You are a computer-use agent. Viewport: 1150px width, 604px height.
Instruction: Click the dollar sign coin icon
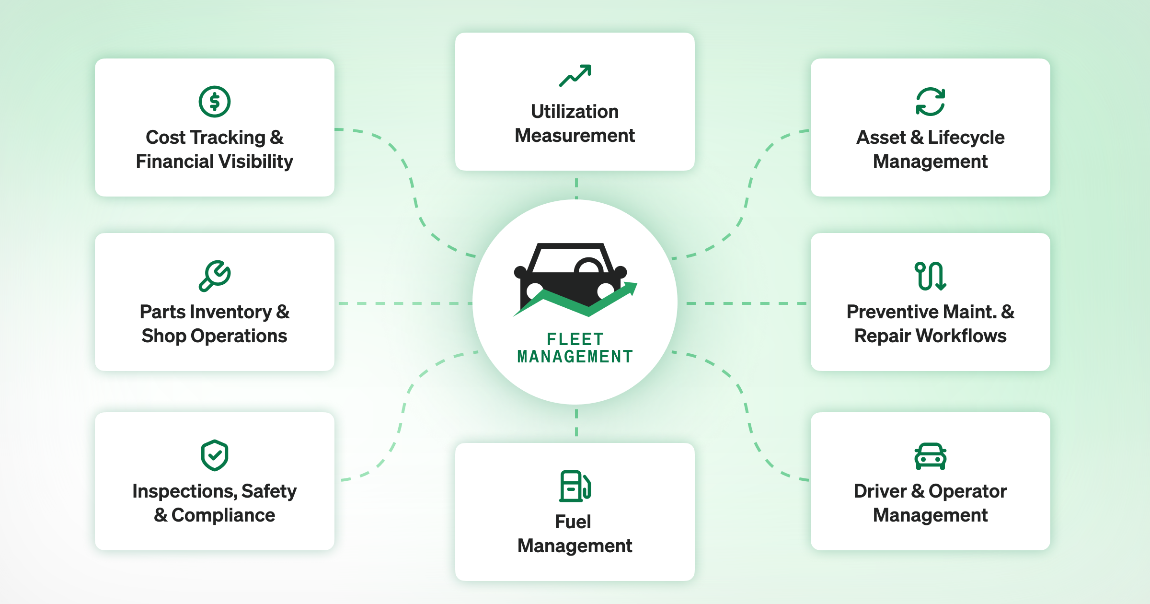point(215,102)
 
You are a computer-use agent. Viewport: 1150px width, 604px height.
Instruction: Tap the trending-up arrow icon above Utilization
point(575,76)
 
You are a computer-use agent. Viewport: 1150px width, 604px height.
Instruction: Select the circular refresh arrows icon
point(930,102)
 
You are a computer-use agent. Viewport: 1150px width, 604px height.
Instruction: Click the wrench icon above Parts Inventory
point(215,276)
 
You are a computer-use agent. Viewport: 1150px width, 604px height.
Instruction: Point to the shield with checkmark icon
point(215,455)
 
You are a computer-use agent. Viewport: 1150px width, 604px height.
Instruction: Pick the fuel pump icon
point(575,486)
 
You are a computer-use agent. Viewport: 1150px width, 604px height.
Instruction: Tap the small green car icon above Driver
point(930,456)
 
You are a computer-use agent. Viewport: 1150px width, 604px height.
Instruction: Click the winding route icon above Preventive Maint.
point(930,276)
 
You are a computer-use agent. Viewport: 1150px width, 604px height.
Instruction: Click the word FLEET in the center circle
point(575,339)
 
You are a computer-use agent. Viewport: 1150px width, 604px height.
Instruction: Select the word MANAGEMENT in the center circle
point(575,357)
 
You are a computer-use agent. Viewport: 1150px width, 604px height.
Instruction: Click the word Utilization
point(575,112)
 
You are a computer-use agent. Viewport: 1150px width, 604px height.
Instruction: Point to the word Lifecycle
point(966,138)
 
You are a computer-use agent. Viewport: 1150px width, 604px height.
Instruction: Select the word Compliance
point(223,515)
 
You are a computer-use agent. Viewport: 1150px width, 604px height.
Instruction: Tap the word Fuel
point(573,522)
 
